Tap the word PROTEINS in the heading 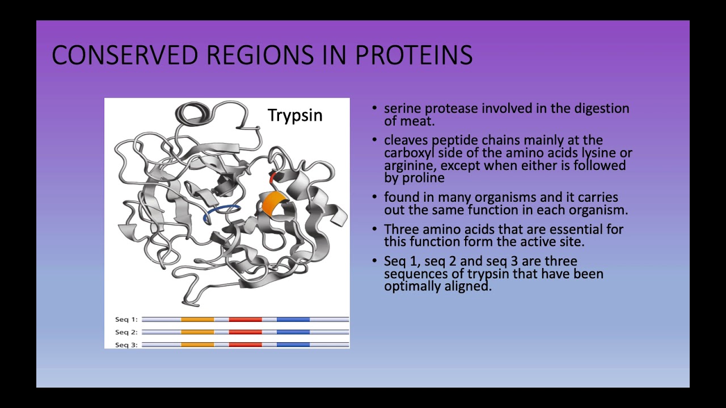[x=413, y=56]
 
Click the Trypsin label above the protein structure [x=295, y=115]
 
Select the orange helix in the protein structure [x=273, y=203]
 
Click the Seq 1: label [x=126, y=320]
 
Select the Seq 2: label [x=126, y=332]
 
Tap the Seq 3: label [x=126, y=345]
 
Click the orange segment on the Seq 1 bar [x=197, y=320]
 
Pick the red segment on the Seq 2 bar [x=245, y=332]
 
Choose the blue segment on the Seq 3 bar [x=293, y=345]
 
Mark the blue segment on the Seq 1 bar [x=293, y=320]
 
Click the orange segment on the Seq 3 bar [x=197, y=345]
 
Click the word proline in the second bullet [x=423, y=178]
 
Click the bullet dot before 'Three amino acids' [x=374, y=229]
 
